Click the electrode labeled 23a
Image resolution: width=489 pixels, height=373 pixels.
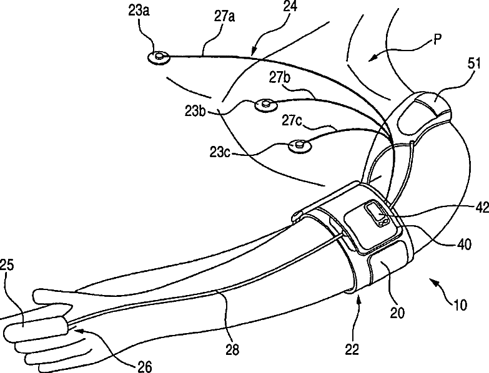[x=159, y=58]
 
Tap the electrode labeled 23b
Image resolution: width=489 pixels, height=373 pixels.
[x=263, y=105]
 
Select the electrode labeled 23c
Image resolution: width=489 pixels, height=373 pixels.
[x=299, y=147]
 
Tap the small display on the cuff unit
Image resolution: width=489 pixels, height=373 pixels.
[x=376, y=213]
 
